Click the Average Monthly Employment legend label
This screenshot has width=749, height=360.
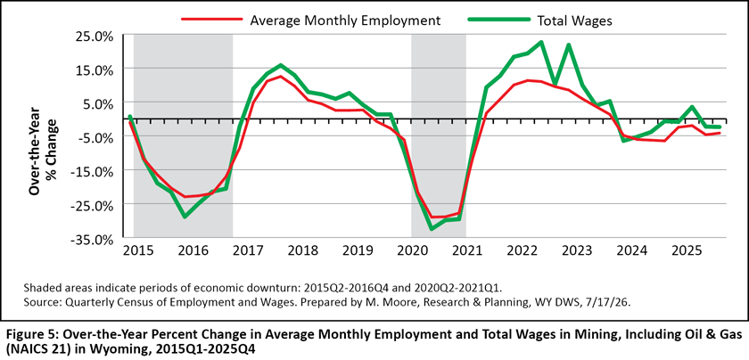coord(345,20)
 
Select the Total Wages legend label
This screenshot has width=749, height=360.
coord(574,20)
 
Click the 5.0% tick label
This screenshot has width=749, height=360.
coord(100,103)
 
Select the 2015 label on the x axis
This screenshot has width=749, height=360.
coord(141,250)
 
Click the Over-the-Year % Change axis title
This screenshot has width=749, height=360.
coord(43,151)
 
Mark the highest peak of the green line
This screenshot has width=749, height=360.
coord(540,42)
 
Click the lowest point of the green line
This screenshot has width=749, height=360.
coord(432,229)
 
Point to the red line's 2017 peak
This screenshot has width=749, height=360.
coord(280,77)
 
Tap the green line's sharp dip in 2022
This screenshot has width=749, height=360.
coord(555,84)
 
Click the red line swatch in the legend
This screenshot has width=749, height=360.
coord(211,20)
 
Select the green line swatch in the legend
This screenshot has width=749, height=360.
coord(498,20)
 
